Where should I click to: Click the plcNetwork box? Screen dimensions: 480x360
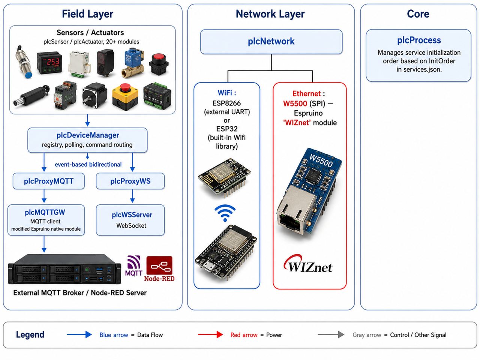click(271, 42)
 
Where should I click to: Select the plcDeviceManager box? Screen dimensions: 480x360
click(87, 140)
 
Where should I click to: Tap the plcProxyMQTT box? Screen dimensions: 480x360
click(48, 181)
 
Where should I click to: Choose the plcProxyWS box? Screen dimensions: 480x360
click(130, 181)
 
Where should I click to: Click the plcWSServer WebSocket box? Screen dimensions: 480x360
click(130, 220)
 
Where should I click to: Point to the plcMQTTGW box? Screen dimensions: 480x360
click(46, 220)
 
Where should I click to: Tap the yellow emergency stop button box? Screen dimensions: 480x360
click(125, 97)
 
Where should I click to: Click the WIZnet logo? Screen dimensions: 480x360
click(308, 264)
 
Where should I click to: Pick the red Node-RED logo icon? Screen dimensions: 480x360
click(159, 265)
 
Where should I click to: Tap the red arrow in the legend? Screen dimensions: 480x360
click(210, 334)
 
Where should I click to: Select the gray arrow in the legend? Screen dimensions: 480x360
click(331, 334)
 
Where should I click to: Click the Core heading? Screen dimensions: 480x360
click(418, 14)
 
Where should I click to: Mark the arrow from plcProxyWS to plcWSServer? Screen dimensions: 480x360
click(132, 196)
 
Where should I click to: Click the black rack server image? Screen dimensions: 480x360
click(64, 269)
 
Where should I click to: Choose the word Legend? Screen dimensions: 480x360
click(30, 335)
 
